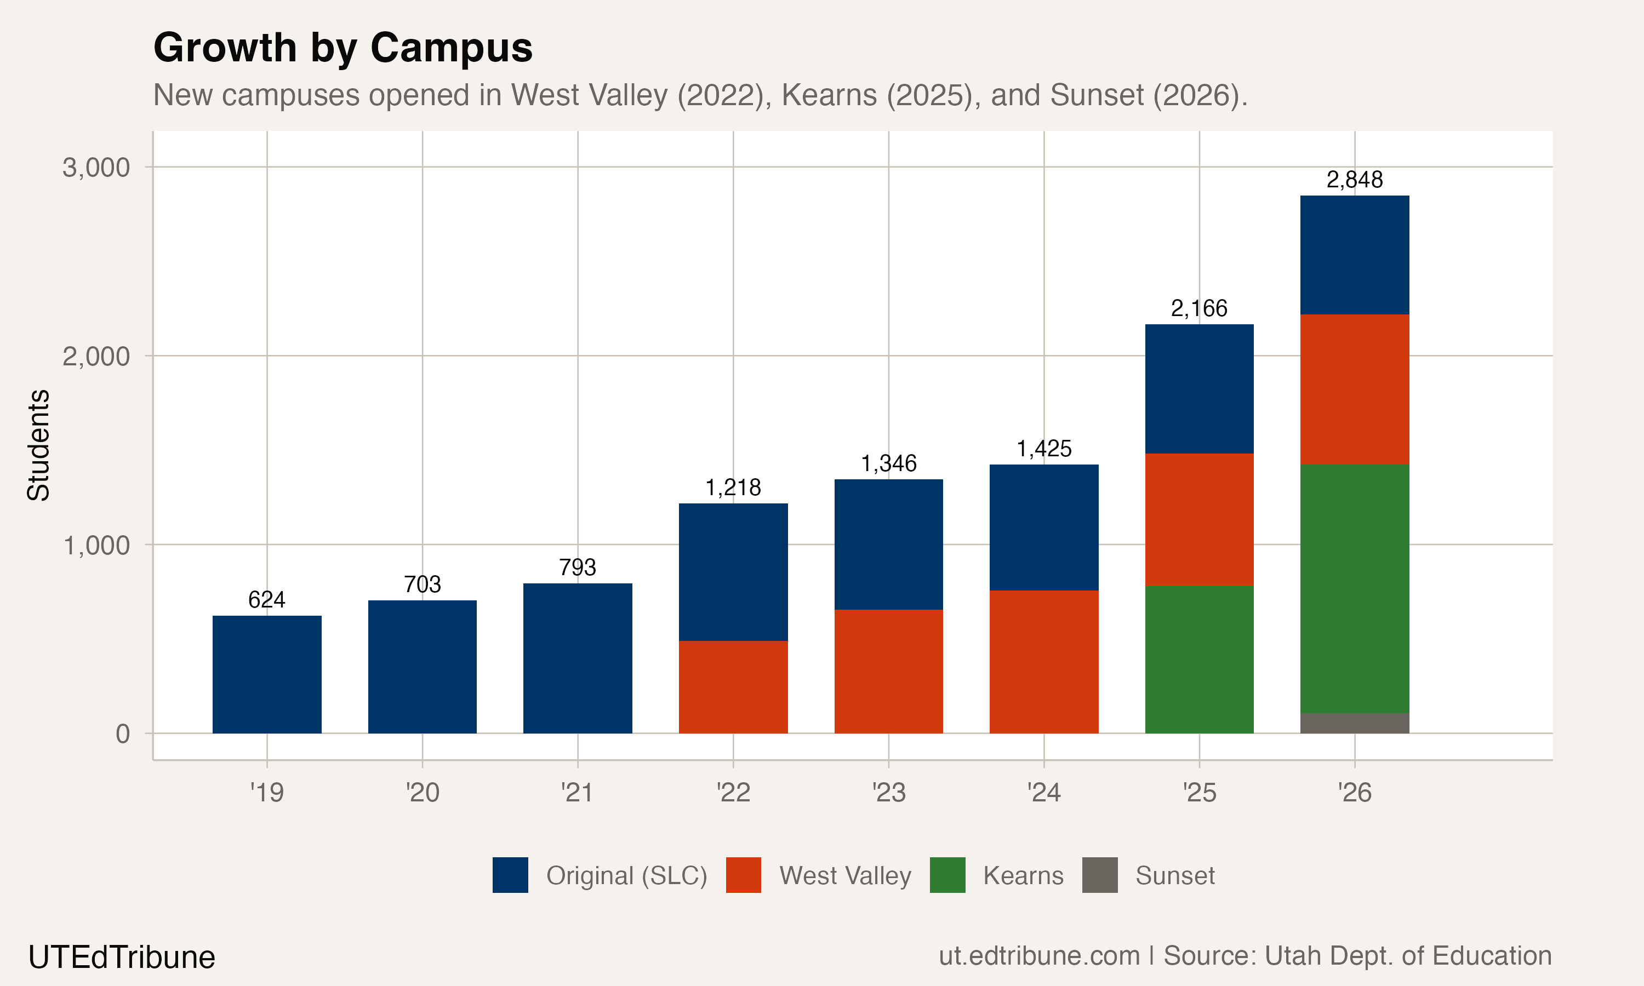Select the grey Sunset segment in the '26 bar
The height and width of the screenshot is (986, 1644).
pyautogui.click(x=1354, y=723)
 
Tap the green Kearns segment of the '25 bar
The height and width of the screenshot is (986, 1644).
pyautogui.click(x=1199, y=659)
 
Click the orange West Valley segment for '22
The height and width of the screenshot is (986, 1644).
pyautogui.click(x=733, y=686)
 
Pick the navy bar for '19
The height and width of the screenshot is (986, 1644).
pyautogui.click(x=266, y=674)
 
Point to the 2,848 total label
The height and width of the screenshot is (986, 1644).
pyautogui.click(x=1354, y=179)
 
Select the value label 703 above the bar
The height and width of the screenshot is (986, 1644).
pyautogui.click(x=422, y=584)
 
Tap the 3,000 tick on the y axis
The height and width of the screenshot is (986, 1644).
pyautogui.click(x=96, y=168)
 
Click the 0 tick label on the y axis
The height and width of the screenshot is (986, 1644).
pyautogui.click(x=122, y=733)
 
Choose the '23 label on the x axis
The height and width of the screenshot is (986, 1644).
pyautogui.click(x=888, y=792)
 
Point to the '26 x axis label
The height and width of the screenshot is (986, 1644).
pyautogui.click(x=1354, y=792)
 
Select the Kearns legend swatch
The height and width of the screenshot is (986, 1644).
pyautogui.click(x=947, y=874)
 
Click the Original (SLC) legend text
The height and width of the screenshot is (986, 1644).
pyautogui.click(x=626, y=875)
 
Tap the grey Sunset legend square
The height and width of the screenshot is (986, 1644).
pyautogui.click(x=1099, y=874)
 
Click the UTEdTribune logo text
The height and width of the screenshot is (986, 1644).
pyautogui.click(x=122, y=957)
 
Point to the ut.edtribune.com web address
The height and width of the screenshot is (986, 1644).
pyautogui.click(x=1038, y=955)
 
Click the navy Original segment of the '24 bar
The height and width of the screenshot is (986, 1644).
pyautogui.click(x=1043, y=527)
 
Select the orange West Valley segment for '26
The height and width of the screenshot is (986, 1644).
pyautogui.click(x=1354, y=389)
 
